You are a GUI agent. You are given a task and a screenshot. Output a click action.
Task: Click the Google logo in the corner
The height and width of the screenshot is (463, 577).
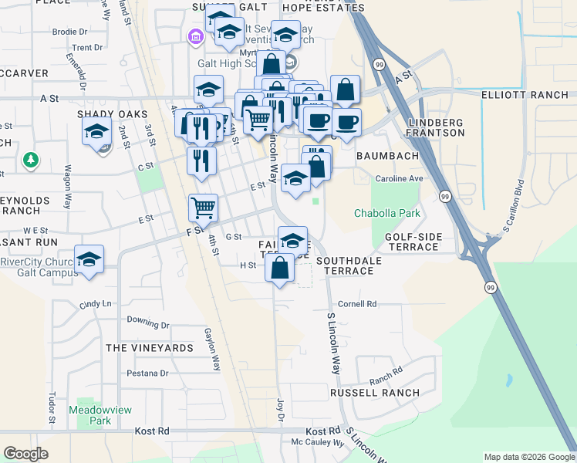(x=25, y=454)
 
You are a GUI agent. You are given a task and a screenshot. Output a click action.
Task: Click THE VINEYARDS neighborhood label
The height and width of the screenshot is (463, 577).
(x=150, y=348)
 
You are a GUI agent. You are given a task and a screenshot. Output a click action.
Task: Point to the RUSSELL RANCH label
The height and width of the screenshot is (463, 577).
(x=375, y=393)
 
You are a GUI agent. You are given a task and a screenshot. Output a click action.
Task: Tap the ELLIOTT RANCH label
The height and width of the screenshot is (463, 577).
(x=525, y=96)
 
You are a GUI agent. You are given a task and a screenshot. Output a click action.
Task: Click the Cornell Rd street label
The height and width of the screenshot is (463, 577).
(x=356, y=304)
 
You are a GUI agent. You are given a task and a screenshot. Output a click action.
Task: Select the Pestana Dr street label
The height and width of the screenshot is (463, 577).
(x=148, y=373)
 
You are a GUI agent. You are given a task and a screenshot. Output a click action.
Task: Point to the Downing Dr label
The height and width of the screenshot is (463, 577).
(x=147, y=319)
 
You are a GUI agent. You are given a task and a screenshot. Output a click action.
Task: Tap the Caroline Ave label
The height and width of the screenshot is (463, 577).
(x=400, y=178)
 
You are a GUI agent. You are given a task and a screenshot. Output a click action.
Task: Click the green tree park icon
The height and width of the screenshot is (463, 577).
(x=31, y=160)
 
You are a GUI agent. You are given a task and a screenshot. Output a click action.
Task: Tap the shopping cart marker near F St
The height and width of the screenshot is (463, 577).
(x=203, y=206)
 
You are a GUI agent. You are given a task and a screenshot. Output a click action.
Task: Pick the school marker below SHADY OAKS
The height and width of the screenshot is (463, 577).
(x=96, y=132)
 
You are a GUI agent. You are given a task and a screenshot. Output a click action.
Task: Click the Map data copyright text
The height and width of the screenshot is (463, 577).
(x=528, y=457)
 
